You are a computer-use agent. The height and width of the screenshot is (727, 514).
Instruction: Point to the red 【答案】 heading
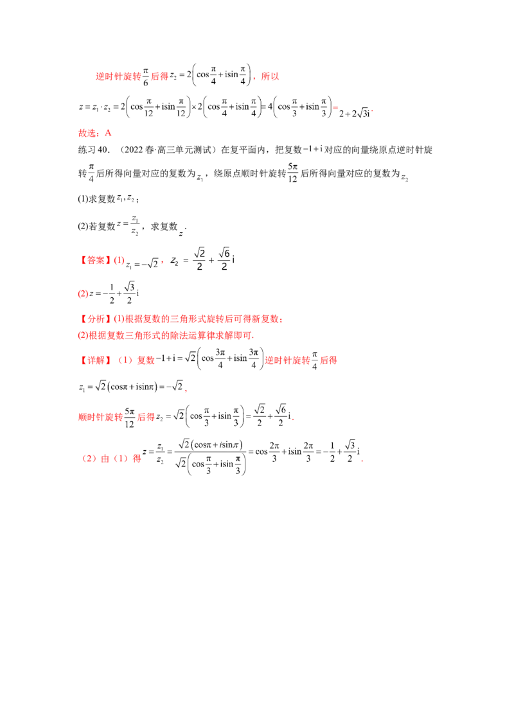click(94, 261)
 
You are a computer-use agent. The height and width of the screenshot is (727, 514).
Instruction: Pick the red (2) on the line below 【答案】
click(82, 294)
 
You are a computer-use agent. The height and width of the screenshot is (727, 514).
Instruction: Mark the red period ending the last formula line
click(364, 459)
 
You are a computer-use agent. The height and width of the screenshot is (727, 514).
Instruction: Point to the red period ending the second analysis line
click(255, 336)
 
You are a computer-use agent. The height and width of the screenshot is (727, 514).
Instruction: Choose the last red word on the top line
click(271, 77)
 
